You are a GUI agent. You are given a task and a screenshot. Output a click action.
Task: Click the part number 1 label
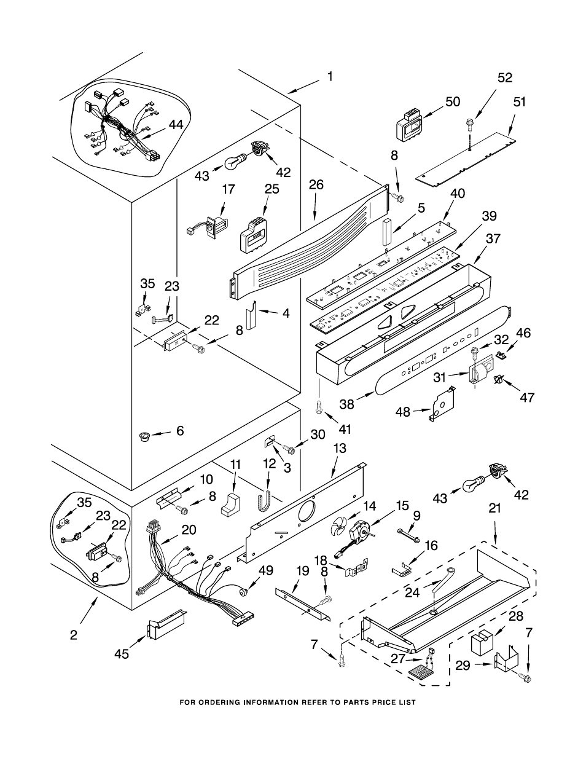tap(329, 76)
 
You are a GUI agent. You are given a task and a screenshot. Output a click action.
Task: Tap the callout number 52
tap(505, 78)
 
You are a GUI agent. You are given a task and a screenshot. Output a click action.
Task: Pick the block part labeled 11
tap(231, 505)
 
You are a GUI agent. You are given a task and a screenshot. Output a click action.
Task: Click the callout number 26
tap(316, 184)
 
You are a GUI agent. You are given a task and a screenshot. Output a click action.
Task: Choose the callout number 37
tap(493, 238)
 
